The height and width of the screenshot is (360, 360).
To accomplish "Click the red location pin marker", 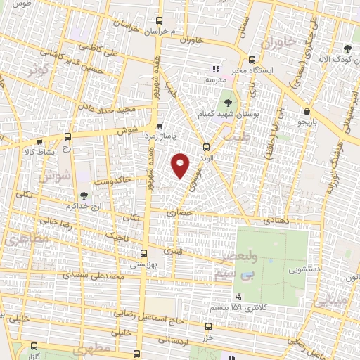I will (181, 165).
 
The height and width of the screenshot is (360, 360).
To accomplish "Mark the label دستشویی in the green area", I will (304, 269).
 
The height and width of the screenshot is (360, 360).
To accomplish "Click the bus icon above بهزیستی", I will (143, 253).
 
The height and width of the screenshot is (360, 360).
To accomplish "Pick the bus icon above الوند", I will (206, 147).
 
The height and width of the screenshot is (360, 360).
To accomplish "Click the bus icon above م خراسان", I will (160, 21).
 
